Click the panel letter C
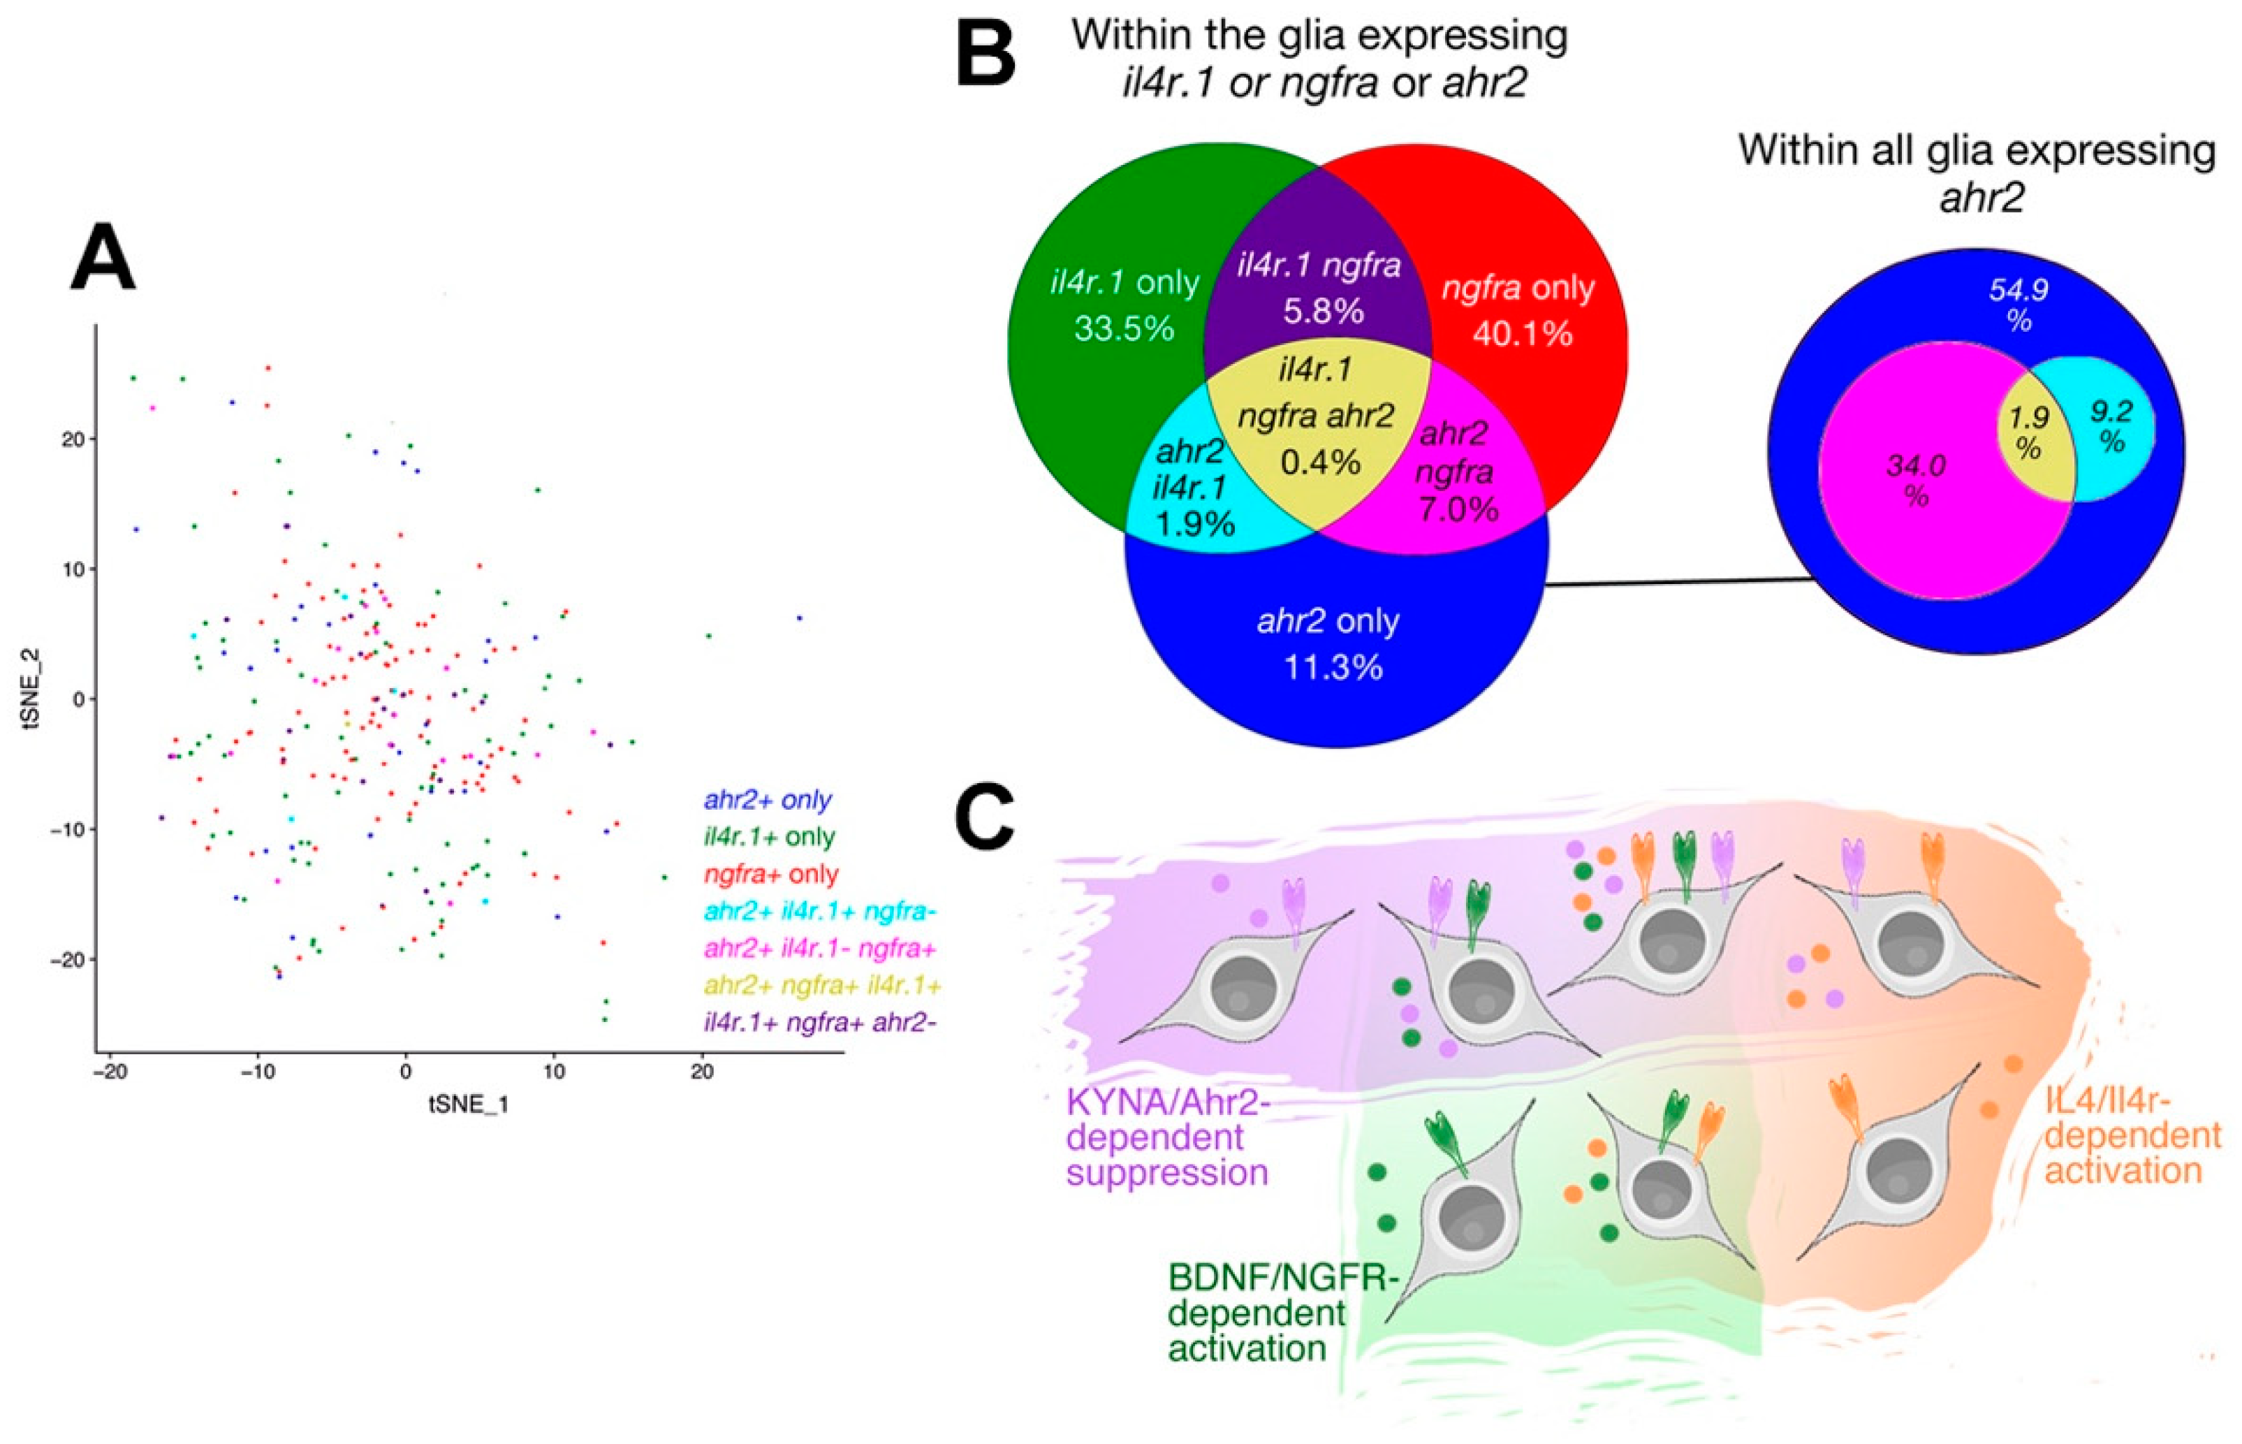pyautogui.click(x=983, y=817)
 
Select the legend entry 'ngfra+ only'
pyautogui.click(x=771, y=874)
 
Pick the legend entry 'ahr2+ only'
pyautogui.click(x=768, y=800)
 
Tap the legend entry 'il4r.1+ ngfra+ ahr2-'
pyautogui.click(x=820, y=1022)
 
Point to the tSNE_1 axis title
pyautogui.click(x=469, y=1104)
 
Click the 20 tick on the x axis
pyautogui.click(x=702, y=1071)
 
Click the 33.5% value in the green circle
pyautogui.click(x=1124, y=328)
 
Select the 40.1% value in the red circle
pyautogui.click(x=1522, y=333)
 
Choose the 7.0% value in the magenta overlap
pyautogui.click(x=1458, y=508)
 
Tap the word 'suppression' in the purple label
pyautogui.click(x=1167, y=1173)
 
